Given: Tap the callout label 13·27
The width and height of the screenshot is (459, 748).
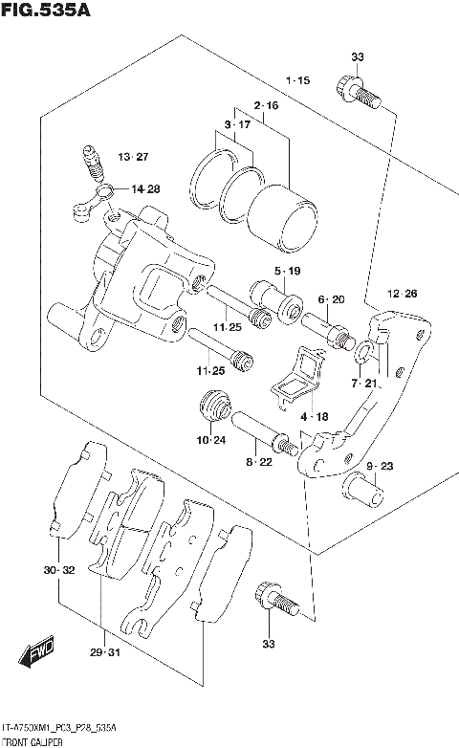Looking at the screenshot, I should pos(134,157).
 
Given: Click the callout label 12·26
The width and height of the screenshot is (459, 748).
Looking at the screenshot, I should pos(403,293).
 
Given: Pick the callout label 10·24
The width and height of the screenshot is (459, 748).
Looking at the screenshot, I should pos(213,440).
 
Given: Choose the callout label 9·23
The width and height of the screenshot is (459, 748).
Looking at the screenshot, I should pos(379,466).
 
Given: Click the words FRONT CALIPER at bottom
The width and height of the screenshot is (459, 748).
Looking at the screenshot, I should pos(33,741).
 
